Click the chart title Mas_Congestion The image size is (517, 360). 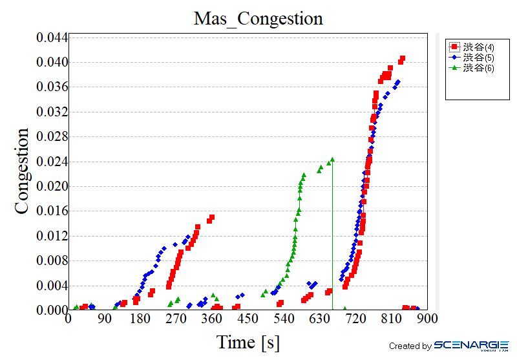(258, 18)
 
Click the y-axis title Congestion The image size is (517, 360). (23, 171)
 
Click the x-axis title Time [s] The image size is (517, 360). (248, 342)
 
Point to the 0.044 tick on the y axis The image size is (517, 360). (52, 37)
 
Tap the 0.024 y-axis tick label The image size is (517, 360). (52, 162)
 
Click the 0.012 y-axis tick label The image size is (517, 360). (52, 236)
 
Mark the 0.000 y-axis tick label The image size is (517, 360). (52, 310)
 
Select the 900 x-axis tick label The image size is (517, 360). (427, 320)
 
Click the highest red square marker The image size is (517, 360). (403, 59)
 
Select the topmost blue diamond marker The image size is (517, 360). (398, 82)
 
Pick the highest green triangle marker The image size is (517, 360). (332, 159)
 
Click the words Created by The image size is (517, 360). (410, 346)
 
